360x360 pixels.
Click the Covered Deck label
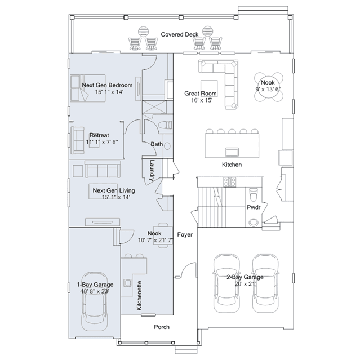coord(180,34)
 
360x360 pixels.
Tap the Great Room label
coord(201,94)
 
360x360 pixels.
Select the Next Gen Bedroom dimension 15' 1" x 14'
coord(109,92)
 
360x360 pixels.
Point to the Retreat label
coord(99,135)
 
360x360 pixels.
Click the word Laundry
coord(152,170)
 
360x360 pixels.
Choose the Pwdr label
coord(254,207)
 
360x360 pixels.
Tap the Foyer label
coord(185,234)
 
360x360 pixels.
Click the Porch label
coord(162,327)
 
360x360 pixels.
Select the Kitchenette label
coord(139,296)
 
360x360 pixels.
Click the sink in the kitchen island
coord(232,152)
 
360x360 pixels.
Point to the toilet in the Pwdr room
coord(254,194)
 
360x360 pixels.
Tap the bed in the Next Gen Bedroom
coord(88,88)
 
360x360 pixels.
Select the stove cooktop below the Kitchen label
coord(230,182)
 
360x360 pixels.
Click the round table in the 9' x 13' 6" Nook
coord(268,87)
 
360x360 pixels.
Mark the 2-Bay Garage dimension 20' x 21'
coord(245,284)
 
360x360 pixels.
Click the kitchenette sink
coord(127,282)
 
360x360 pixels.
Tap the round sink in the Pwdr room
coord(254,222)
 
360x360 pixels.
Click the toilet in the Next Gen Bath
coord(165,125)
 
